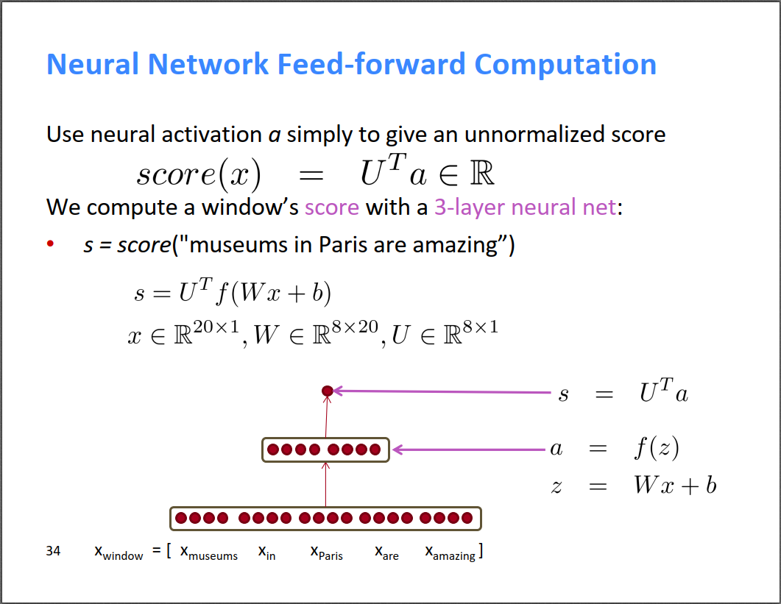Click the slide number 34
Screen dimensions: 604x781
tap(53, 550)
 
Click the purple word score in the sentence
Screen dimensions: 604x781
tap(332, 207)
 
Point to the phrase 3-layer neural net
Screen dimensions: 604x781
tap(525, 207)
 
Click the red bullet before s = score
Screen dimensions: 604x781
tap(51, 244)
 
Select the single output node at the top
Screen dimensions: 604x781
tap(328, 391)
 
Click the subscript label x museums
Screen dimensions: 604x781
tap(209, 553)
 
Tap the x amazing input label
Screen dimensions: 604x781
tap(451, 553)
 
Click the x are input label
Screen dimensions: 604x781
tap(386, 553)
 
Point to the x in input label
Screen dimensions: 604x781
tap(266, 553)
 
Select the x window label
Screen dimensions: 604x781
tap(119, 553)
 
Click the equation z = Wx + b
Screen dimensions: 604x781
tap(633, 486)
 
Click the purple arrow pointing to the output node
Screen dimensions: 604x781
tap(442, 392)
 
